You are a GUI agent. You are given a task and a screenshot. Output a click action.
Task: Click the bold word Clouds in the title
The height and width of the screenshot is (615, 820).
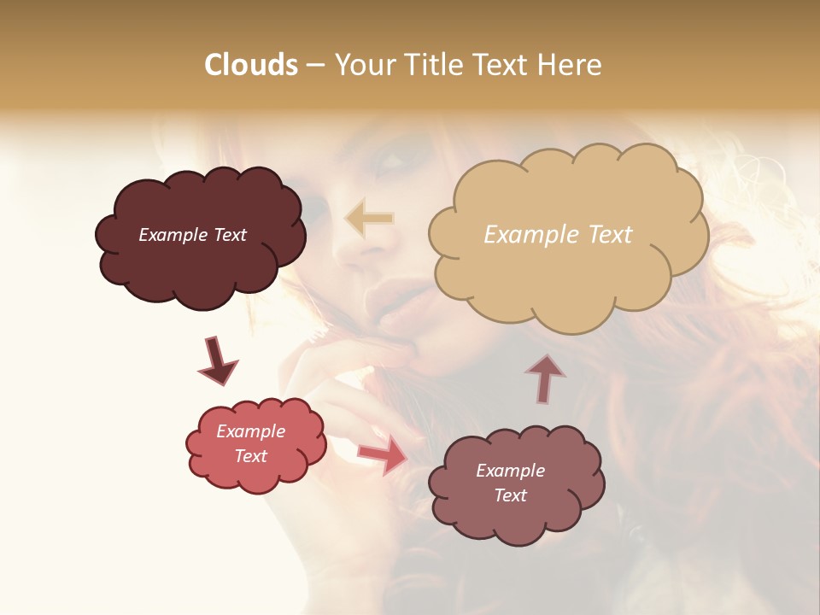[x=251, y=65]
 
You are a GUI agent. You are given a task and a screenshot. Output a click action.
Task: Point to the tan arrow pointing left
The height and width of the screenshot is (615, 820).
[x=370, y=219]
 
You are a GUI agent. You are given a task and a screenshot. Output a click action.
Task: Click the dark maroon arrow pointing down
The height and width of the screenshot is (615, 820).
[x=218, y=361]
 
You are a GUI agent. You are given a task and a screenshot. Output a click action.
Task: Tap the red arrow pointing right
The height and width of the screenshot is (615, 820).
[x=382, y=454]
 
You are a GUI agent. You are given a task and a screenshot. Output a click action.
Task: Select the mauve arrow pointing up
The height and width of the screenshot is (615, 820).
[x=545, y=378]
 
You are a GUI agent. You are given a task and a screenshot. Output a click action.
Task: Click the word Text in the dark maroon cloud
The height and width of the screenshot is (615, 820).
[x=230, y=235]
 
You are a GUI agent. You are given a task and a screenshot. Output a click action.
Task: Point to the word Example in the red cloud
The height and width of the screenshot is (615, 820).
[x=251, y=431]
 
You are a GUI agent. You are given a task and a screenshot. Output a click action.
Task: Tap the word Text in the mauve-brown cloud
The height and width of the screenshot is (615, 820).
[x=510, y=495]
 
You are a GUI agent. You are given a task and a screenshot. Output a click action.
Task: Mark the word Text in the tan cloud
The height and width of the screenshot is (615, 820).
[x=610, y=235]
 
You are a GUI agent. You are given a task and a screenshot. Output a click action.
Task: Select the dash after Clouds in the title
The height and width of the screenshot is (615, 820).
[x=315, y=65]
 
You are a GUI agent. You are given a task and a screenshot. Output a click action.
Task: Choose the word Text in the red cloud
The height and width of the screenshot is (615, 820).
[x=251, y=456]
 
